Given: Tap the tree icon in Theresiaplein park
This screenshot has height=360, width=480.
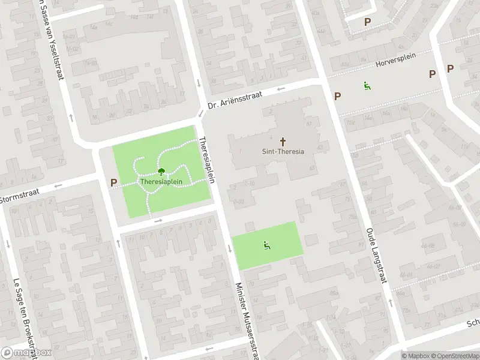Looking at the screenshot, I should click(160, 172).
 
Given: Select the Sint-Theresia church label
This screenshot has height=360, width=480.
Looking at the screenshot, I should click(283, 151).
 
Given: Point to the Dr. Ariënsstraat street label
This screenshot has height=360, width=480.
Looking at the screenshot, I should click(236, 100).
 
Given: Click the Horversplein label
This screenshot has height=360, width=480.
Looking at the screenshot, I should click(395, 63).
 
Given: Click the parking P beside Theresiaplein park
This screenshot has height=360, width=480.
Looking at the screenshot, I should click(113, 182).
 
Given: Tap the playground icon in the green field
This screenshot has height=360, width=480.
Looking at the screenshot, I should click(266, 245).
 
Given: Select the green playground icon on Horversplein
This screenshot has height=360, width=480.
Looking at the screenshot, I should click(366, 86).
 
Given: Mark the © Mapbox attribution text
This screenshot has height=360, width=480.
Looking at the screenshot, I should click(415, 356).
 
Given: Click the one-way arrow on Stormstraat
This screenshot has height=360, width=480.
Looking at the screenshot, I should click(58, 186).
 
